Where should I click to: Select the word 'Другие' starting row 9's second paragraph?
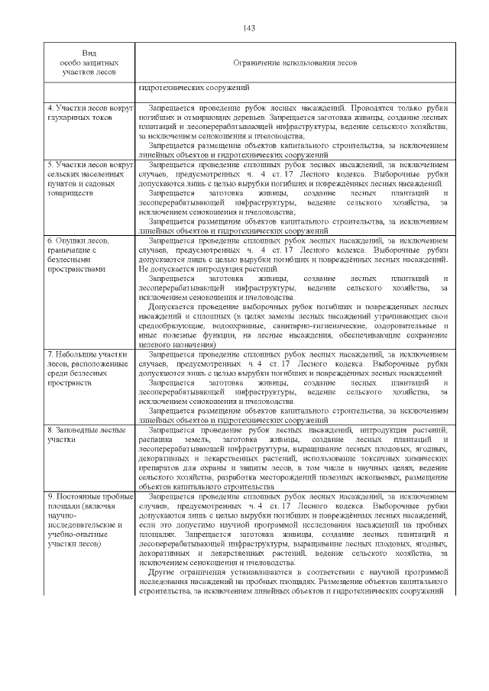162,571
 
